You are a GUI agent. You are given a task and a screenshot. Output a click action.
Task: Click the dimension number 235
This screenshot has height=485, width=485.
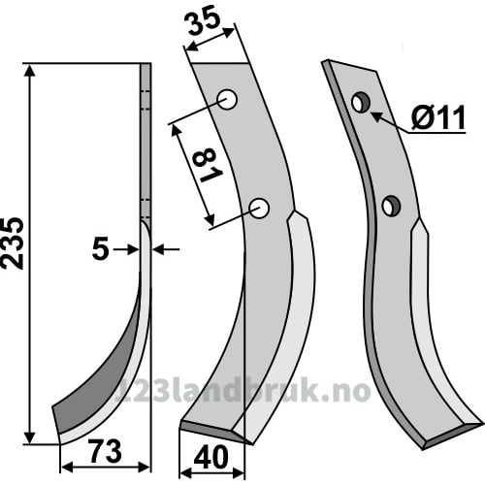[x=13, y=243]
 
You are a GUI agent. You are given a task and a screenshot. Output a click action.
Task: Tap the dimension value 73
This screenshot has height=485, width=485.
[x=106, y=451]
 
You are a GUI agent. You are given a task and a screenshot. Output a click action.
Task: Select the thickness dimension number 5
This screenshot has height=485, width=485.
[x=100, y=249]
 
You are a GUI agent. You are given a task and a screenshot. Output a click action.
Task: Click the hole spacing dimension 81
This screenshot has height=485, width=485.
[x=207, y=166]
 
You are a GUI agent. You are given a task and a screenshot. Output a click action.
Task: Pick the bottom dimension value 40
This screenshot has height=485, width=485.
[x=211, y=458]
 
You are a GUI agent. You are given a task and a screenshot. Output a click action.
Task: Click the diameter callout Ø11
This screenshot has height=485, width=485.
[x=438, y=117]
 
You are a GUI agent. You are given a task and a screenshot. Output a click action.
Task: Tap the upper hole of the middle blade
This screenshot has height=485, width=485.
[x=227, y=99]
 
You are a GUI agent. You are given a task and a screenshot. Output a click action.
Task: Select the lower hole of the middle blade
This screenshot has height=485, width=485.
[x=259, y=208]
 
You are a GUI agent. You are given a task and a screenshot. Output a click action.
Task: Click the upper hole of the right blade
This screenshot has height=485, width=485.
[x=361, y=103]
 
